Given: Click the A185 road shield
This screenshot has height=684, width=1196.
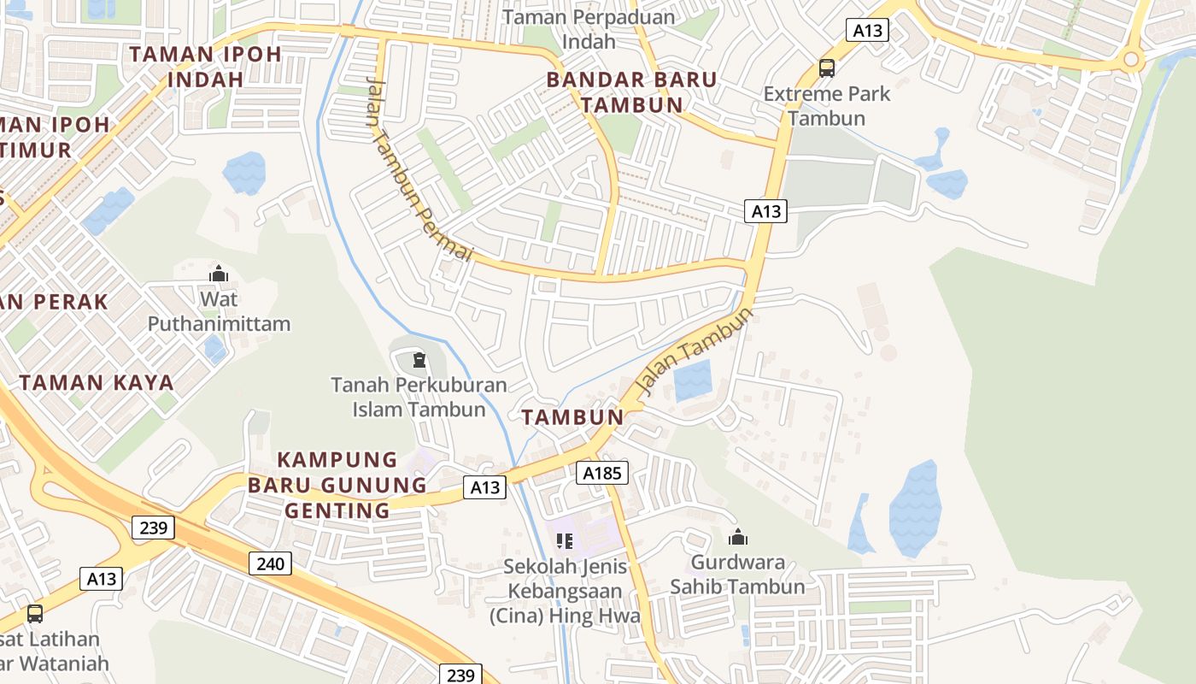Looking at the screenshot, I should (x=602, y=473).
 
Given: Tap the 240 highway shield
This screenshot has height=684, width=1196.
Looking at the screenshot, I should (x=271, y=563).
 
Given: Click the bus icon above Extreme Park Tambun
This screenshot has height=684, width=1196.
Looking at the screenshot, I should (x=826, y=68).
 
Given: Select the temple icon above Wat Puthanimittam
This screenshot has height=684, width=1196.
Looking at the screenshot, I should (x=219, y=274).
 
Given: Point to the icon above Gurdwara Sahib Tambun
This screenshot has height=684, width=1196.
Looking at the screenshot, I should (x=737, y=537).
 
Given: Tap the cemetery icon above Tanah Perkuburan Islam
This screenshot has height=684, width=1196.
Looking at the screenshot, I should (x=419, y=360).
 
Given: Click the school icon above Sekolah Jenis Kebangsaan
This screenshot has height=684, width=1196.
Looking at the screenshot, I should (x=565, y=540).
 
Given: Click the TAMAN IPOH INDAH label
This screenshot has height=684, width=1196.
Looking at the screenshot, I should (x=205, y=67).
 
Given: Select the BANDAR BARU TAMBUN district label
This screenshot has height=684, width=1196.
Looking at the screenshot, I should (x=631, y=92).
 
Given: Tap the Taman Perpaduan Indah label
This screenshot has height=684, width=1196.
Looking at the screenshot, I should (x=589, y=29).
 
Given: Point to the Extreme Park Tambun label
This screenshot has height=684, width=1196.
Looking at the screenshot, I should (x=827, y=105).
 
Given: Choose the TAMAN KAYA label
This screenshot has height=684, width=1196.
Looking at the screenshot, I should (x=97, y=382).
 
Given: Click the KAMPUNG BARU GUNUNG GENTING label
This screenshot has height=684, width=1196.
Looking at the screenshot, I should (x=337, y=486).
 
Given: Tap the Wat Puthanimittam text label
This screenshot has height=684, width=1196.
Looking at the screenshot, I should (x=220, y=311).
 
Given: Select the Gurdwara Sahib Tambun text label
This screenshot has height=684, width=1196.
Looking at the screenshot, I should (x=737, y=575).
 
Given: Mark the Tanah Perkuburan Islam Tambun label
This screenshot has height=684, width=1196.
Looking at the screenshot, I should (x=419, y=397).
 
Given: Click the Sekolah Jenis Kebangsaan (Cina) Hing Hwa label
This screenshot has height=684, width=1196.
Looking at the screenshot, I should (x=565, y=591).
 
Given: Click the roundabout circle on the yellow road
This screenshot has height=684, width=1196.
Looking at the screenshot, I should (x=1132, y=60).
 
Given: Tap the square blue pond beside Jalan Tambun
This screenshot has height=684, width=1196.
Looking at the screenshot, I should (x=693, y=380).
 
